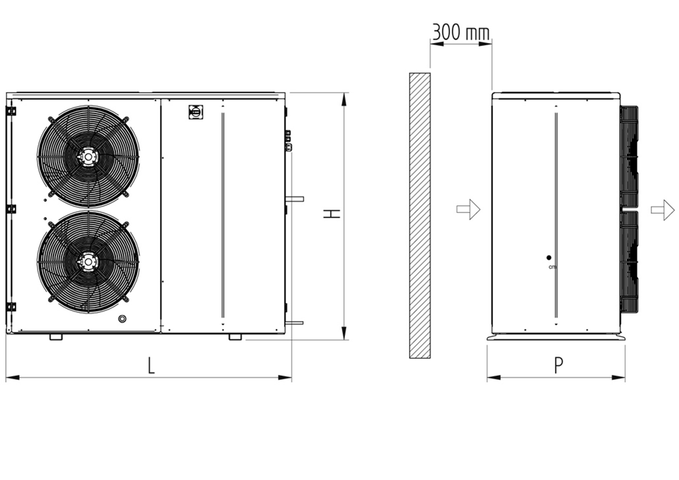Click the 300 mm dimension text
[x=461, y=32]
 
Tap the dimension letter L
[x=151, y=365]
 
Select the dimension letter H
[x=331, y=213]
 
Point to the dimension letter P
[x=558, y=365]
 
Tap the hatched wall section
[x=420, y=216]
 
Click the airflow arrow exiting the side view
[x=663, y=210]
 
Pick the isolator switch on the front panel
[x=196, y=112]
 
